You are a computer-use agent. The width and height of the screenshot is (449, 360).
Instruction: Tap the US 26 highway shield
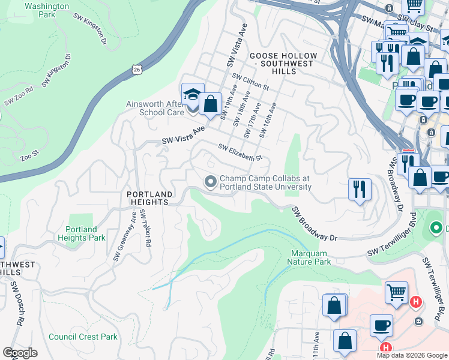(137, 70)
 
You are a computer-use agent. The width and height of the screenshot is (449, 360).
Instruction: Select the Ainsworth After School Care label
(155, 108)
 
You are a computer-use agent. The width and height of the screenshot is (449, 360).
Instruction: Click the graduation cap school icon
(192, 95)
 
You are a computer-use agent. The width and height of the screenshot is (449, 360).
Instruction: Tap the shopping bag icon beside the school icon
(211, 104)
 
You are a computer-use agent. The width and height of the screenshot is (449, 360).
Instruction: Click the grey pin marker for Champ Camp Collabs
(211, 181)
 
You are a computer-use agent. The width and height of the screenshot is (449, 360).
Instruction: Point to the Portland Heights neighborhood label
(149, 198)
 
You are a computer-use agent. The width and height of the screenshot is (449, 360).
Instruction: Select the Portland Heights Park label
(82, 233)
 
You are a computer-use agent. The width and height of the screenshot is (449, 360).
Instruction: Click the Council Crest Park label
(83, 337)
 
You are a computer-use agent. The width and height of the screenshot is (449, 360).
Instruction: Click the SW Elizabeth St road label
(240, 152)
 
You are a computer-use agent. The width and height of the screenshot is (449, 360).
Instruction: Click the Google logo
(20, 353)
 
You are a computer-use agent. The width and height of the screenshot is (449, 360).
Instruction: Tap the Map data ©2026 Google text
(411, 355)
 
